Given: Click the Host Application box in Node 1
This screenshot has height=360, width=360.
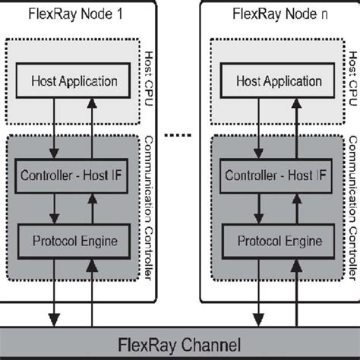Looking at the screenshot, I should [x=74, y=80].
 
